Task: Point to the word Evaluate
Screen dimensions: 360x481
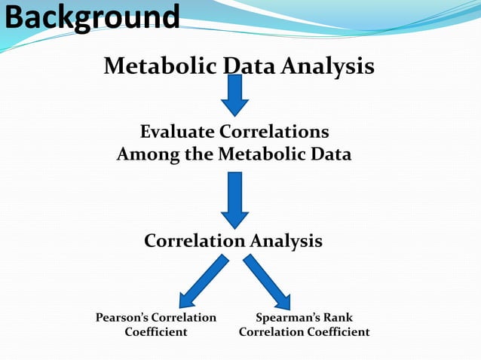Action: coord(177,132)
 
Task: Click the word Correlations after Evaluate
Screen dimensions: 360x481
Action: coord(274,132)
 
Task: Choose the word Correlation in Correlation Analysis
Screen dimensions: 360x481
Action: coord(195,241)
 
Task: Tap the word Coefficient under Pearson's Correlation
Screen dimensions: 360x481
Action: coord(156,331)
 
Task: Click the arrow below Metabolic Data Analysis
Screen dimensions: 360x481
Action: coord(234,94)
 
